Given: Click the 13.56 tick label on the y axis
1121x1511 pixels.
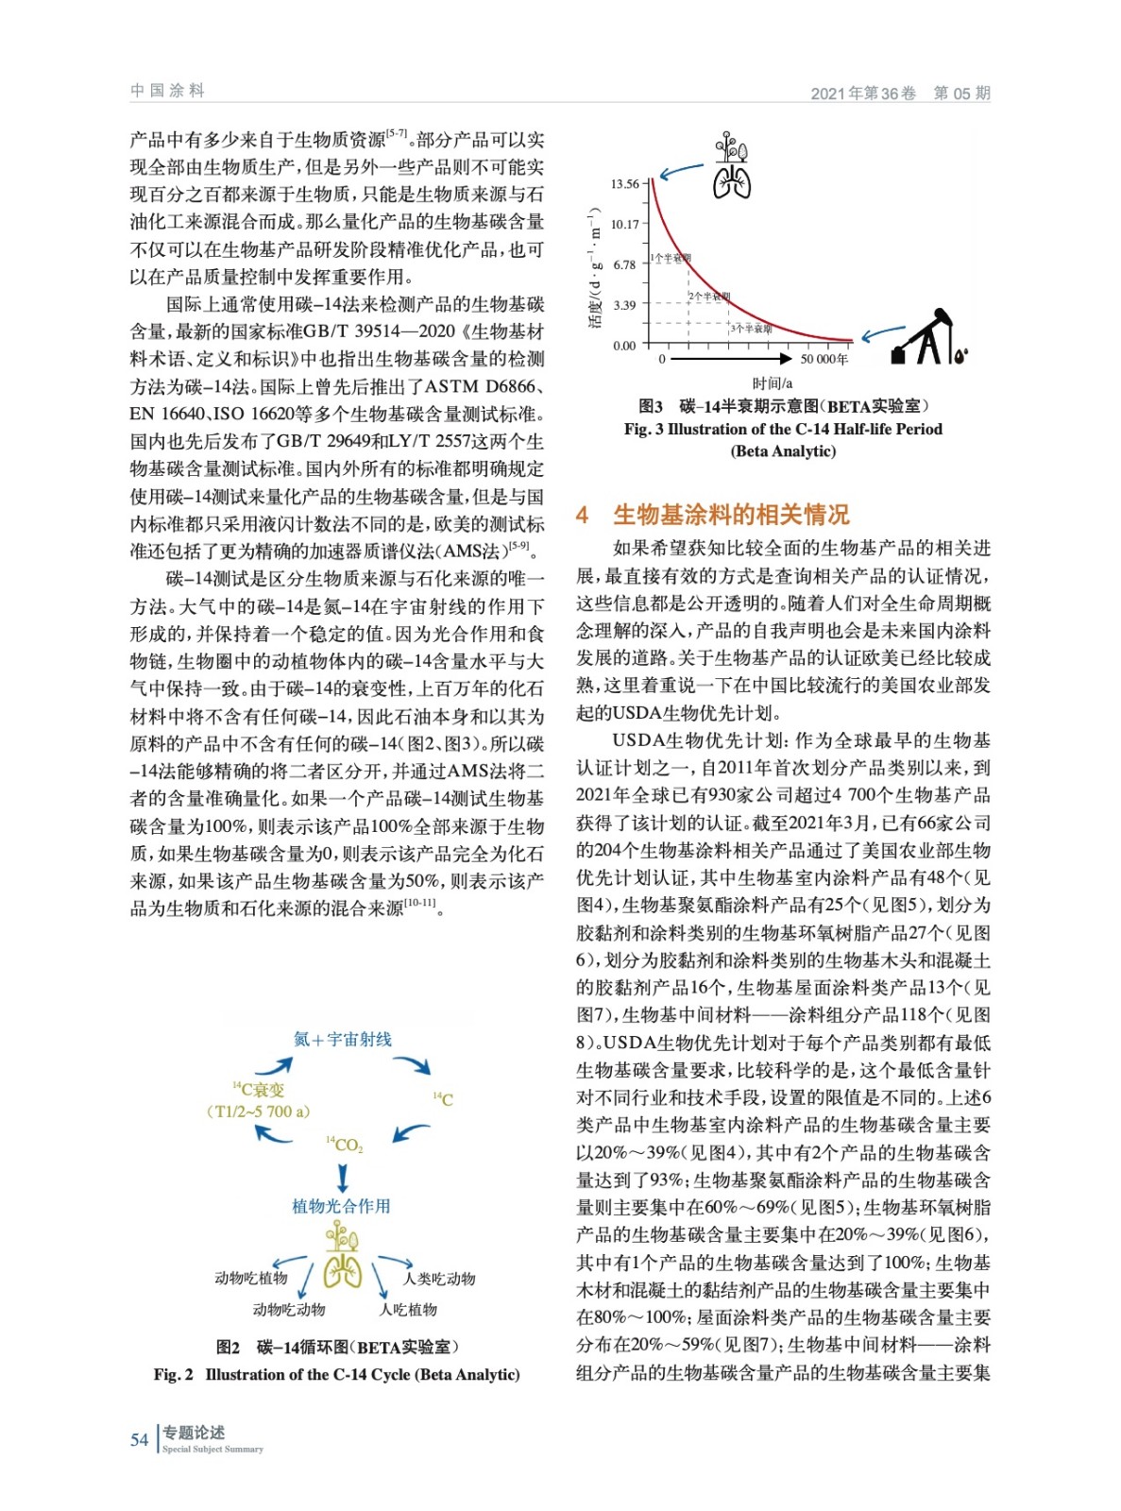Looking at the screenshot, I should (624, 184).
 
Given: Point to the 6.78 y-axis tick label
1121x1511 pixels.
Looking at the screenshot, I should (624, 264).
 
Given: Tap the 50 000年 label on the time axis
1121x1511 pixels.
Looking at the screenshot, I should (824, 360).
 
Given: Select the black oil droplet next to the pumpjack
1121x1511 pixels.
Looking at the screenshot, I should (960, 356).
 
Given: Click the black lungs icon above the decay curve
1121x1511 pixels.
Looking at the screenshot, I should (732, 181).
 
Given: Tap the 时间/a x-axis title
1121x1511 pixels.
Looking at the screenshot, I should (773, 383).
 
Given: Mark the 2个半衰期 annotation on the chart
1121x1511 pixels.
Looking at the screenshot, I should (709, 297).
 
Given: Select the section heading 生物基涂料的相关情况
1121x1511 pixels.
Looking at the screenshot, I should (731, 515).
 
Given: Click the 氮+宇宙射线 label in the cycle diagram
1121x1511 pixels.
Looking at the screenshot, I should (342, 1039).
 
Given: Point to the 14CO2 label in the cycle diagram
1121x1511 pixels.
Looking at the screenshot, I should (345, 1145).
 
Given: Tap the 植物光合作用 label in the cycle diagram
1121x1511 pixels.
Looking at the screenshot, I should (341, 1206).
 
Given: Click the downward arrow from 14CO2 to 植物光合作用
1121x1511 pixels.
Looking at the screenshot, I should (343, 1177).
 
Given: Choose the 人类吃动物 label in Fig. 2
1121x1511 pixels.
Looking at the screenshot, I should (439, 1279).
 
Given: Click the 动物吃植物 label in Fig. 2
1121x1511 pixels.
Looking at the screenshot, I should (250, 1279).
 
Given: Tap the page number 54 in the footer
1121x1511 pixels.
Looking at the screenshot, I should (139, 1439).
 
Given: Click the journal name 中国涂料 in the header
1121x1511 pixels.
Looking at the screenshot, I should (167, 91).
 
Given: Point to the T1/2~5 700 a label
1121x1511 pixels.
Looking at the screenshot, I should (258, 1112).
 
